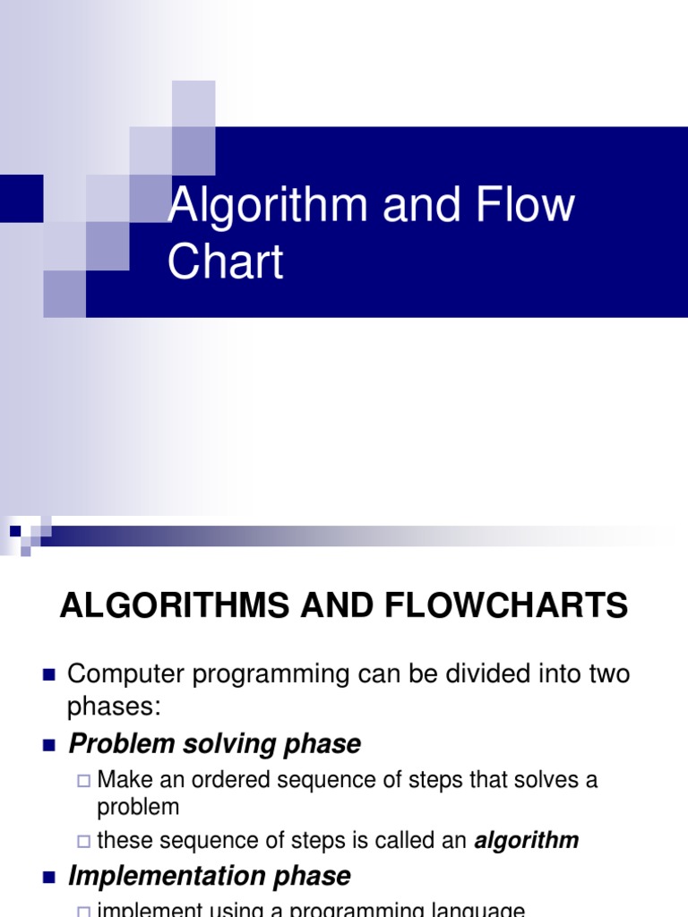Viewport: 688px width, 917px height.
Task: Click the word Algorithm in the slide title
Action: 268,206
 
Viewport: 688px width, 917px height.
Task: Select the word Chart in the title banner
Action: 226,261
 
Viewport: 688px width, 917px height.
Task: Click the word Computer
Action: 121,674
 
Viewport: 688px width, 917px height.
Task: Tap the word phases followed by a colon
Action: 113,707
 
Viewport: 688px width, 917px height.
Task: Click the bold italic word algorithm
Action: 526,841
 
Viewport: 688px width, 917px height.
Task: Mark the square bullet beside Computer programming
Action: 48,674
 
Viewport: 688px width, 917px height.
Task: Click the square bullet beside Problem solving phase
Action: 48,744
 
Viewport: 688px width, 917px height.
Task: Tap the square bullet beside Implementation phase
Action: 48,876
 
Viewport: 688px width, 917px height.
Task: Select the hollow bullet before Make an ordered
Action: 84,781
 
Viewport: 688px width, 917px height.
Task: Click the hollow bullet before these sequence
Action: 84,842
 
